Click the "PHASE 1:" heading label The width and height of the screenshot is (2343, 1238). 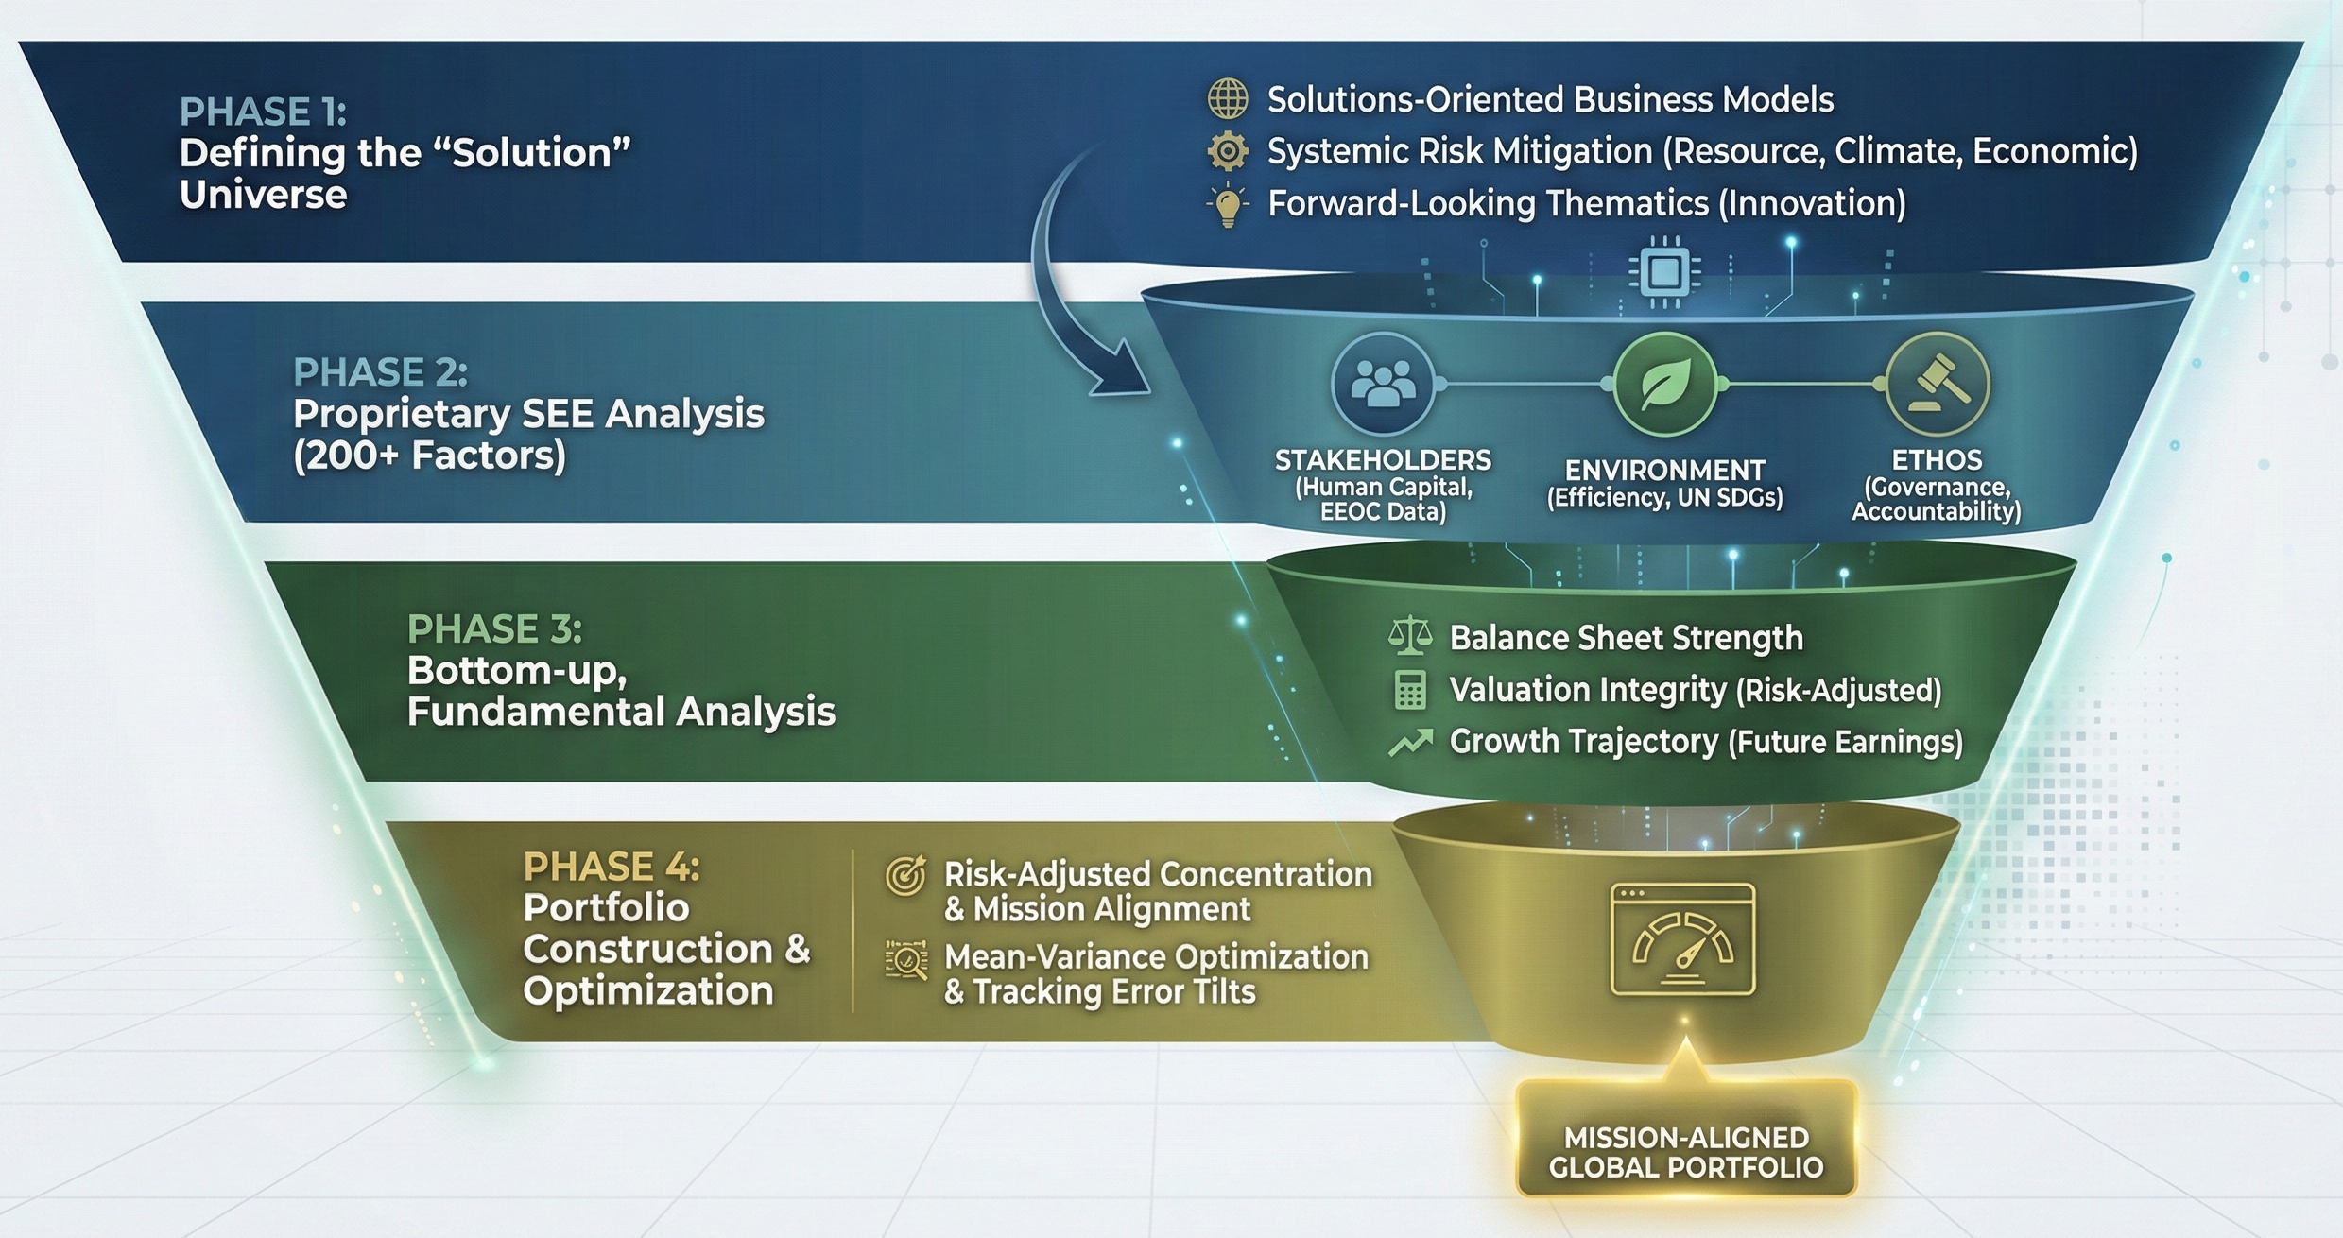pyautogui.click(x=263, y=112)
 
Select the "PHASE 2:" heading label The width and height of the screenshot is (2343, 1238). pyautogui.click(x=380, y=373)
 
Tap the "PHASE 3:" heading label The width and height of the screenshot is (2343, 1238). pyautogui.click(x=494, y=629)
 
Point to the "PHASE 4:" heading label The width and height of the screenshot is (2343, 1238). pyautogui.click(x=612, y=868)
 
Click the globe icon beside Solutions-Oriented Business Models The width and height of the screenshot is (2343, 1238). pyautogui.click(x=1228, y=99)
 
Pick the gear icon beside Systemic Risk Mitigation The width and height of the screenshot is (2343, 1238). pyautogui.click(x=1228, y=151)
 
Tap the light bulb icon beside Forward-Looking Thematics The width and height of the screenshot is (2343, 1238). pyautogui.click(x=1228, y=205)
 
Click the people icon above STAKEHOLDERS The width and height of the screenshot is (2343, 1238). pyautogui.click(x=1383, y=384)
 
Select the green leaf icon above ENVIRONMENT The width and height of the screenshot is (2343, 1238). pyautogui.click(x=1664, y=384)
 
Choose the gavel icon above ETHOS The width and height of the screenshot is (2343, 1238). pyautogui.click(x=1937, y=384)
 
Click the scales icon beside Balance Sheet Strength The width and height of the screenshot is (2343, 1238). pyautogui.click(x=1410, y=638)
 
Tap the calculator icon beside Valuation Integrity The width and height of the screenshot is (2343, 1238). pyautogui.click(x=1410, y=691)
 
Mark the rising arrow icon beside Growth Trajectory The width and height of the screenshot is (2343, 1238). pyautogui.click(x=1410, y=743)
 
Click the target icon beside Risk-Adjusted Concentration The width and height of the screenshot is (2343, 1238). pyautogui.click(x=905, y=876)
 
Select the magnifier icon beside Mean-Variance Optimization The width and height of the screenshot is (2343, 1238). pyautogui.click(x=905, y=960)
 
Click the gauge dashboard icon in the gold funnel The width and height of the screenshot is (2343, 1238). pyautogui.click(x=1682, y=939)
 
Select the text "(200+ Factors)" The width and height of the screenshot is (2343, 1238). pyautogui.click(x=430, y=456)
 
